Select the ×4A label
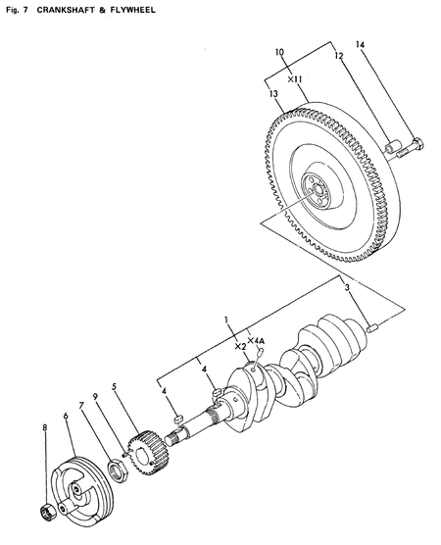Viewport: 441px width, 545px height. pyautogui.click(x=257, y=341)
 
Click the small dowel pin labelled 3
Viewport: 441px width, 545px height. pyautogui.click(x=372, y=326)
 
